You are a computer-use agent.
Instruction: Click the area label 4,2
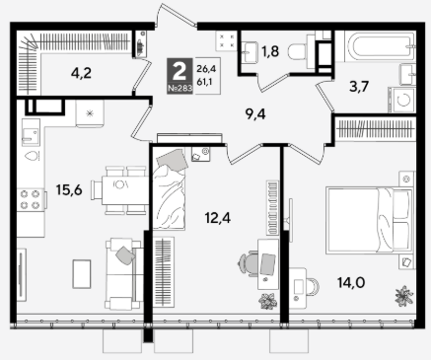tap(81, 73)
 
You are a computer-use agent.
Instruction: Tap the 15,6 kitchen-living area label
tap(69, 190)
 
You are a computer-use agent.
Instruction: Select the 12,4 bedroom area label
tap(218, 218)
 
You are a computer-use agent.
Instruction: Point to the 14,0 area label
tap(351, 282)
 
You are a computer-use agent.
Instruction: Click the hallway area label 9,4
tap(255, 114)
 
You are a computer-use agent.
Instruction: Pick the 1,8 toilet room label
tap(270, 51)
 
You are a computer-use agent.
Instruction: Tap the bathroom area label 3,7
tap(359, 87)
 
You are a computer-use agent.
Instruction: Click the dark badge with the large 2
tap(180, 76)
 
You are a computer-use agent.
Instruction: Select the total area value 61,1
tap(204, 82)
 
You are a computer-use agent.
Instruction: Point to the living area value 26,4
tap(204, 69)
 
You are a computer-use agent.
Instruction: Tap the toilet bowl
tap(298, 51)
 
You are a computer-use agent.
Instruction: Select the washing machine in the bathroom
tap(401, 100)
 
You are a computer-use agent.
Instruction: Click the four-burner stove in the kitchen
tap(31, 199)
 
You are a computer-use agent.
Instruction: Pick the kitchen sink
tap(31, 132)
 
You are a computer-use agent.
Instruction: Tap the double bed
tap(369, 220)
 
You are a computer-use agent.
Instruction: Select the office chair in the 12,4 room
tap(249, 263)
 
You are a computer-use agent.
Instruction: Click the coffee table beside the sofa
tap(82, 274)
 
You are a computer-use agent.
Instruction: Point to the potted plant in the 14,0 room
tap(403, 296)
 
